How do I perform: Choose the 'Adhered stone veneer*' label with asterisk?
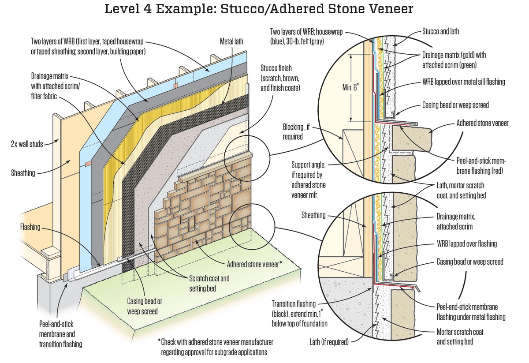point(254,265)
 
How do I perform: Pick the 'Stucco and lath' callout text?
point(440,31)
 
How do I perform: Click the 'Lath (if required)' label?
point(329,341)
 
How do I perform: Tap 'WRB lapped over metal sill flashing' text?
point(463,82)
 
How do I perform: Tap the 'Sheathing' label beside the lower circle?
point(313,215)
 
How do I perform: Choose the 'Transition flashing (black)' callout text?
point(299,314)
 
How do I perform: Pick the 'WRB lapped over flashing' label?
point(466,243)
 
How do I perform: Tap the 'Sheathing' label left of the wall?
point(23,173)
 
